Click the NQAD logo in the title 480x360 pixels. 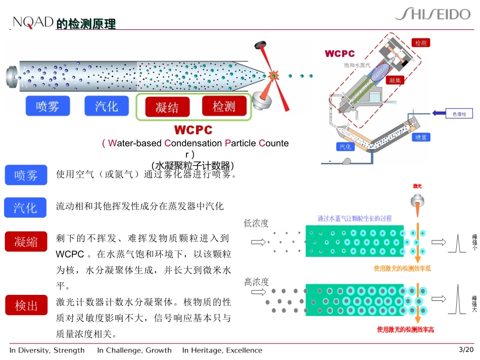[x=33, y=22]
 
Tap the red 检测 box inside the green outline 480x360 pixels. [x=224, y=106]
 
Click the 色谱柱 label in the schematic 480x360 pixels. [x=459, y=115]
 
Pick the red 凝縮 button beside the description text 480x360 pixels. [x=26, y=241]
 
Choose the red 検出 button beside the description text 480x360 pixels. [x=26, y=305]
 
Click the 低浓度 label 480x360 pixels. [x=257, y=223]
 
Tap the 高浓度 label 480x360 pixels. [x=257, y=282]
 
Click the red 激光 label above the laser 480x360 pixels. [x=417, y=186]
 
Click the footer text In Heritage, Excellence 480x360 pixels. [x=222, y=350]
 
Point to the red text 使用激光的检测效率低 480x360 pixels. [x=402, y=269]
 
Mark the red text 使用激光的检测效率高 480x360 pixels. [x=405, y=330]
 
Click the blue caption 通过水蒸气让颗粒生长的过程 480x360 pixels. [x=354, y=219]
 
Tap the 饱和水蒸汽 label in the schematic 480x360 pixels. [x=357, y=65]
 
